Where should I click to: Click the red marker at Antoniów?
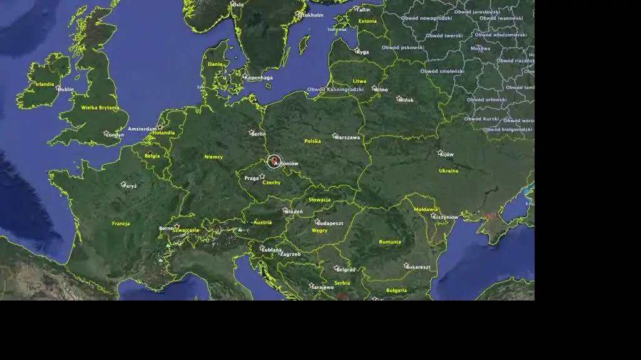274,161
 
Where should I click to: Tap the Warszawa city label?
347,137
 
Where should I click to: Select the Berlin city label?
258,134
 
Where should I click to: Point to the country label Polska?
312,141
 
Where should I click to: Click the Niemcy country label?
213,157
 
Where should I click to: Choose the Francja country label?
121,224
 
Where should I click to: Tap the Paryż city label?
130,186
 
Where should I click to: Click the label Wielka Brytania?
100,108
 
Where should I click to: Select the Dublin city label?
66,90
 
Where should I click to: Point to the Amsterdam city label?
142,129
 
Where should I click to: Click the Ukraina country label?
448,170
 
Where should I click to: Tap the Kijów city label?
447,154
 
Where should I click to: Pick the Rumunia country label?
390,242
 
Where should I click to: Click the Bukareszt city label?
418,267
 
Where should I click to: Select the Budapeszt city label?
330,223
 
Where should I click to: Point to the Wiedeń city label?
294,212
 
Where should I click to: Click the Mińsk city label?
406,100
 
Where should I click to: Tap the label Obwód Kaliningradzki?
336,90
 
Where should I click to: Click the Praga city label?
252,178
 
